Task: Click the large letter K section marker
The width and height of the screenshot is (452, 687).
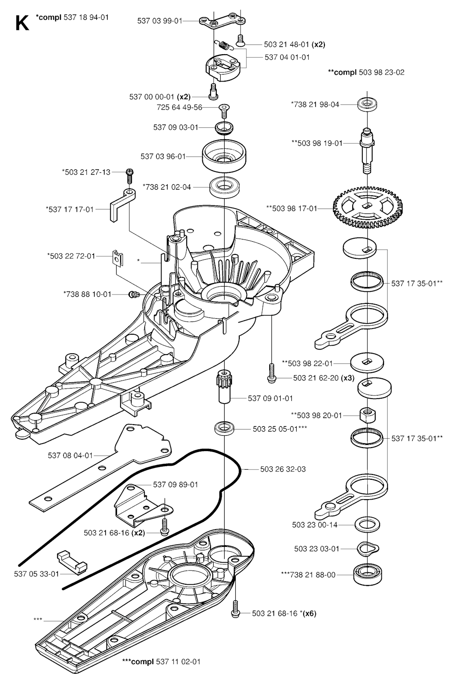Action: click(22, 23)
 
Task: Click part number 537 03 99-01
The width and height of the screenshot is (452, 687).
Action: click(159, 20)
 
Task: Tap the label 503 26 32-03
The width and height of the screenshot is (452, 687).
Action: click(283, 469)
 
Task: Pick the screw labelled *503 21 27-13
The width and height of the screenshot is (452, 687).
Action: click(129, 175)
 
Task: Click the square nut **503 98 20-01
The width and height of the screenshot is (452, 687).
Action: click(367, 414)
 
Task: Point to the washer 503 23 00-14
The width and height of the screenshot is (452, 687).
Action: click(367, 525)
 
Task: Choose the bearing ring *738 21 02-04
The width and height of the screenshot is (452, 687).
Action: click(225, 187)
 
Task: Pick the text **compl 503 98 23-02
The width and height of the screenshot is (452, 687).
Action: click(366, 72)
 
